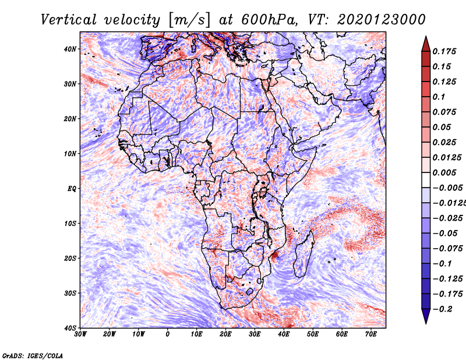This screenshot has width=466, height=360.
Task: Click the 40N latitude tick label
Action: pos(70,49)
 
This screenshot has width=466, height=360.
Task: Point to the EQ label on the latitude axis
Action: pos(72,189)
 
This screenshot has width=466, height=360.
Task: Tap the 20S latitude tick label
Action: pos(70,258)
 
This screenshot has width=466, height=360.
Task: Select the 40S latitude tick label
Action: pos(70,328)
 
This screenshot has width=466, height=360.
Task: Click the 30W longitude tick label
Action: pos(80,334)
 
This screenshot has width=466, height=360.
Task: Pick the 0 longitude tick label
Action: pos(168,334)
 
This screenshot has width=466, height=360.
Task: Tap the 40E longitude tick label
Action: pos(284,334)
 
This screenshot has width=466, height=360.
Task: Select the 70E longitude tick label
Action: pos(370,334)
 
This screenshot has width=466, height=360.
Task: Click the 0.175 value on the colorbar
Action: pos(444,51)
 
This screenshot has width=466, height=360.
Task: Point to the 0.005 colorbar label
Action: pos(444,172)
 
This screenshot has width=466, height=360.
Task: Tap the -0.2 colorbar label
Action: pos(443,309)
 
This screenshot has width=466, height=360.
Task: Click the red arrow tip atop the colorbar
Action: pos(426,37)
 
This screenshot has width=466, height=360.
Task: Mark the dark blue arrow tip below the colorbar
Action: pos(426,323)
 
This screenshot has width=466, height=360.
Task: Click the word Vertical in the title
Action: pos(69,20)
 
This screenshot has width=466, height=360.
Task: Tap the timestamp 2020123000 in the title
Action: pos(382,20)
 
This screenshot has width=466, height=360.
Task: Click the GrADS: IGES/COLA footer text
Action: pos(33,355)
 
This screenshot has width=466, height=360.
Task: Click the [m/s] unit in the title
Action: pos(189,20)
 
